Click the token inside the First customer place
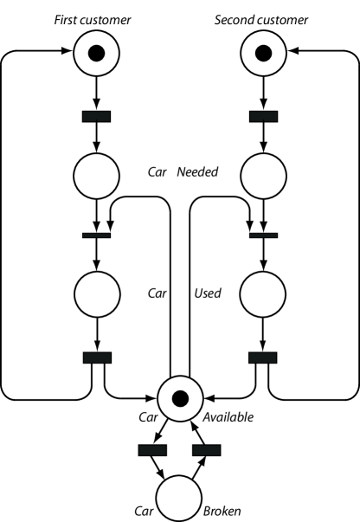(x=96, y=54)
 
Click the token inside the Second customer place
(x=263, y=54)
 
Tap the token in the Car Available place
(x=180, y=399)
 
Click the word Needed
(x=197, y=172)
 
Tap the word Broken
(x=222, y=510)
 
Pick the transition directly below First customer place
(x=96, y=116)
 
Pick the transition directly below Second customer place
(x=263, y=116)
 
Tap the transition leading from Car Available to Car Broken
(x=151, y=450)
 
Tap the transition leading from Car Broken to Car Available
(x=206, y=450)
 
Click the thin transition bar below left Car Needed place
(x=96, y=235)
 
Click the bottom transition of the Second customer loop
(x=263, y=358)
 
